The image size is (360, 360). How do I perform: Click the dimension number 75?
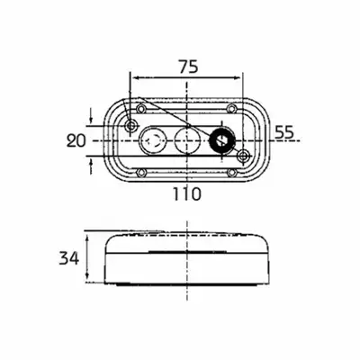189,67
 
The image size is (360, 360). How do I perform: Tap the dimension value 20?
76,140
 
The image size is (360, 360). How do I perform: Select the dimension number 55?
284,132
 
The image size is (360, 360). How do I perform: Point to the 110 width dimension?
186,194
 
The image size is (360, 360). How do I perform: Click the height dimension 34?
69,258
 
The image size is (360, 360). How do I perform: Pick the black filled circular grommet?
221,140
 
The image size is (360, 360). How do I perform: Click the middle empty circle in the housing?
187,140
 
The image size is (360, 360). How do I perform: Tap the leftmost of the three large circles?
151,140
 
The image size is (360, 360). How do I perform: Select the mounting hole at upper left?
131,126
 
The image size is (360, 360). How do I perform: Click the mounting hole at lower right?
244,156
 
